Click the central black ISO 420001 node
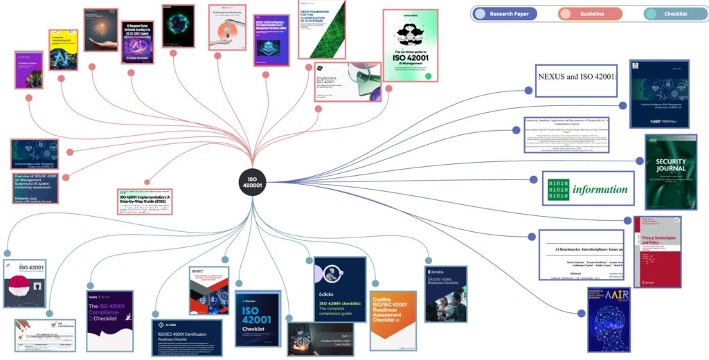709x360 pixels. click(x=252, y=182)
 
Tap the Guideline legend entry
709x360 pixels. click(x=590, y=14)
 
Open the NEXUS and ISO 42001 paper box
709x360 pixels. click(x=577, y=76)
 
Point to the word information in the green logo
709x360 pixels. click(x=600, y=189)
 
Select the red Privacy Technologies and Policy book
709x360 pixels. click(x=657, y=251)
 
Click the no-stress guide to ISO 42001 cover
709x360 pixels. click(x=411, y=46)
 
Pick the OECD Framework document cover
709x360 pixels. click(x=322, y=29)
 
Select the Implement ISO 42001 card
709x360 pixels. click(x=348, y=82)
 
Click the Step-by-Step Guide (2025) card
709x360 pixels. click(x=144, y=201)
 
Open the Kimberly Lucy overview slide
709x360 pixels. click(x=35, y=188)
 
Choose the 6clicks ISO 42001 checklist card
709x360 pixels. click(x=339, y=289)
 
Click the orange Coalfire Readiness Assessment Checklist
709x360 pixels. click(x=393, y=320)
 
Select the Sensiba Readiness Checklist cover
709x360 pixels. click(x=445, y=294)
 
